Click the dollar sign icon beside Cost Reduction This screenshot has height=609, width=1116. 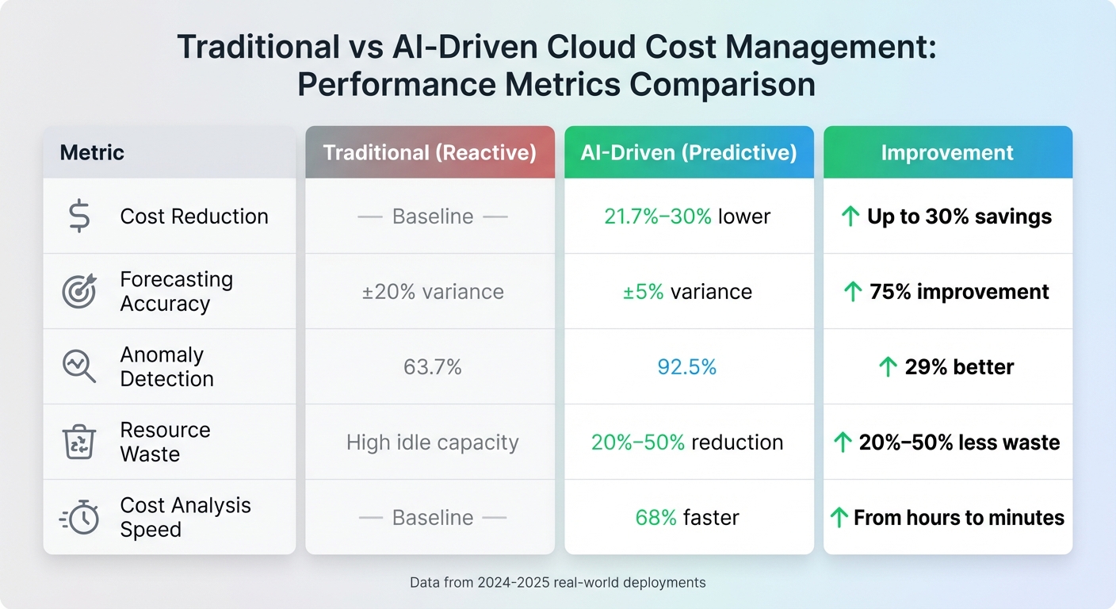[79, 216]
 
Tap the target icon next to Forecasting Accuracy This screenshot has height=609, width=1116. [79, 292]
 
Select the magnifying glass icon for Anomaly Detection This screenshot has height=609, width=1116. [79, 367]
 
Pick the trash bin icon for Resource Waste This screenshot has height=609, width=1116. [79, 442]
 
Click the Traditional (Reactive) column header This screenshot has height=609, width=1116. [430, 152]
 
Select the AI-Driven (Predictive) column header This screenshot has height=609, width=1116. [689, 152]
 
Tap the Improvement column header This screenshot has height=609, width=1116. [947, 152]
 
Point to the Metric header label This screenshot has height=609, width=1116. [92, 152]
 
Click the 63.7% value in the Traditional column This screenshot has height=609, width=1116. [433, 367]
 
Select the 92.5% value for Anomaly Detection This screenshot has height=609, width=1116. [687, 367]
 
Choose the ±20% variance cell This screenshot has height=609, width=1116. [433, 292]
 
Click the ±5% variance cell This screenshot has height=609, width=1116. [687, 292]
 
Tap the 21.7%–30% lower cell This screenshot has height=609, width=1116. [687, 216]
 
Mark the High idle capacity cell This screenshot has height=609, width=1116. [433, 442]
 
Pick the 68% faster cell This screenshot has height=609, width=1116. [687, 518]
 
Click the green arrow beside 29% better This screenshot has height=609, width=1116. [889, 367]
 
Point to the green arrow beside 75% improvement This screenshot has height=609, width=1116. [853, 292]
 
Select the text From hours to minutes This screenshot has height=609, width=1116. [958, 518]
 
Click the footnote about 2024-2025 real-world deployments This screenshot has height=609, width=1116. [557, 582]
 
